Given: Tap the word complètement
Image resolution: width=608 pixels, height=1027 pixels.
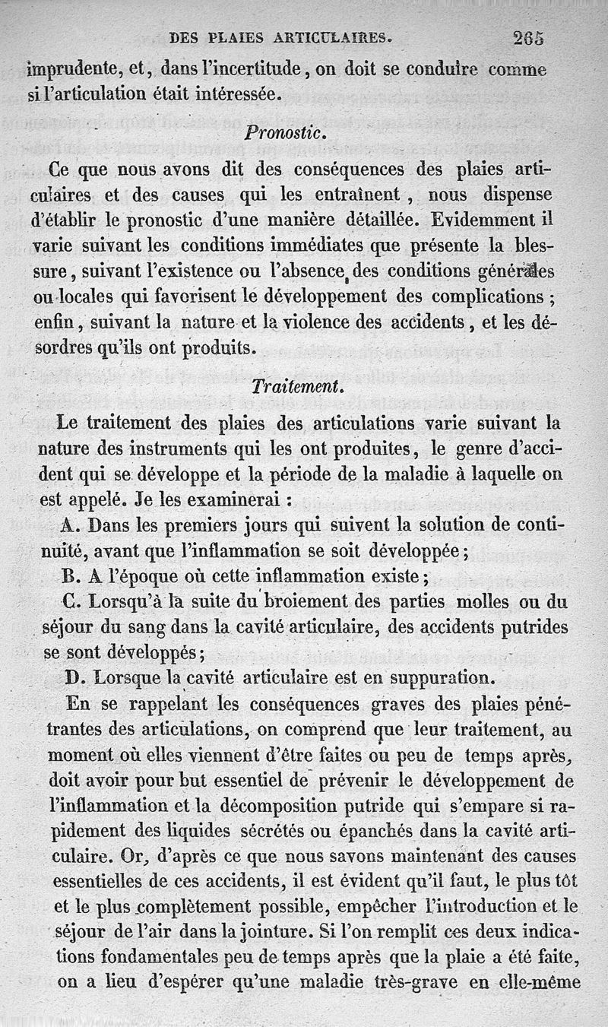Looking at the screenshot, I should [x=190, y=905].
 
